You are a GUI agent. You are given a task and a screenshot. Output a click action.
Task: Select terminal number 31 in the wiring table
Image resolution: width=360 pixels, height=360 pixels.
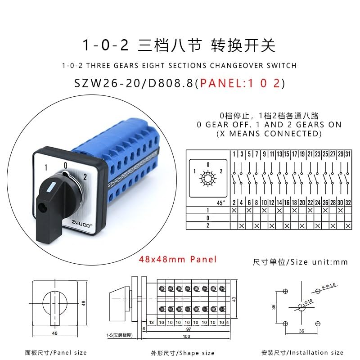coord(348,154)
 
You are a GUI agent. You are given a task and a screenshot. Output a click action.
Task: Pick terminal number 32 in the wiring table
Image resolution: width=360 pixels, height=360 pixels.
coord(348,203)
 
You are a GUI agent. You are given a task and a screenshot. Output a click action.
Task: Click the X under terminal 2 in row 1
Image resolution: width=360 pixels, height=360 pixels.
coord(234,211)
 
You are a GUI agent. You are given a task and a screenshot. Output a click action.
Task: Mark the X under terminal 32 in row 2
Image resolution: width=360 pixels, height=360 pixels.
coord(348,225)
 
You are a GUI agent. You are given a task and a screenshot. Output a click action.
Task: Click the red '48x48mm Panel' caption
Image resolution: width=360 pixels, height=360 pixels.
coord(178,259)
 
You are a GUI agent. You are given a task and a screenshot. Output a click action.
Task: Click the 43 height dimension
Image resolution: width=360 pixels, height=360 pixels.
coord(234,299)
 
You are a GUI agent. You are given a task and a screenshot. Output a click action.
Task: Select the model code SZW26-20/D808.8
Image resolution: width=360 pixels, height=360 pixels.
coord(134,84)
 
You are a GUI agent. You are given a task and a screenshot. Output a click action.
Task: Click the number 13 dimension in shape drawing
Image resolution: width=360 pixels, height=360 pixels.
coord(151,322)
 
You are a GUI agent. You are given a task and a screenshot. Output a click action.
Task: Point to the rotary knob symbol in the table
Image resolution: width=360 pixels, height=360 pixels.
coord(208,178)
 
